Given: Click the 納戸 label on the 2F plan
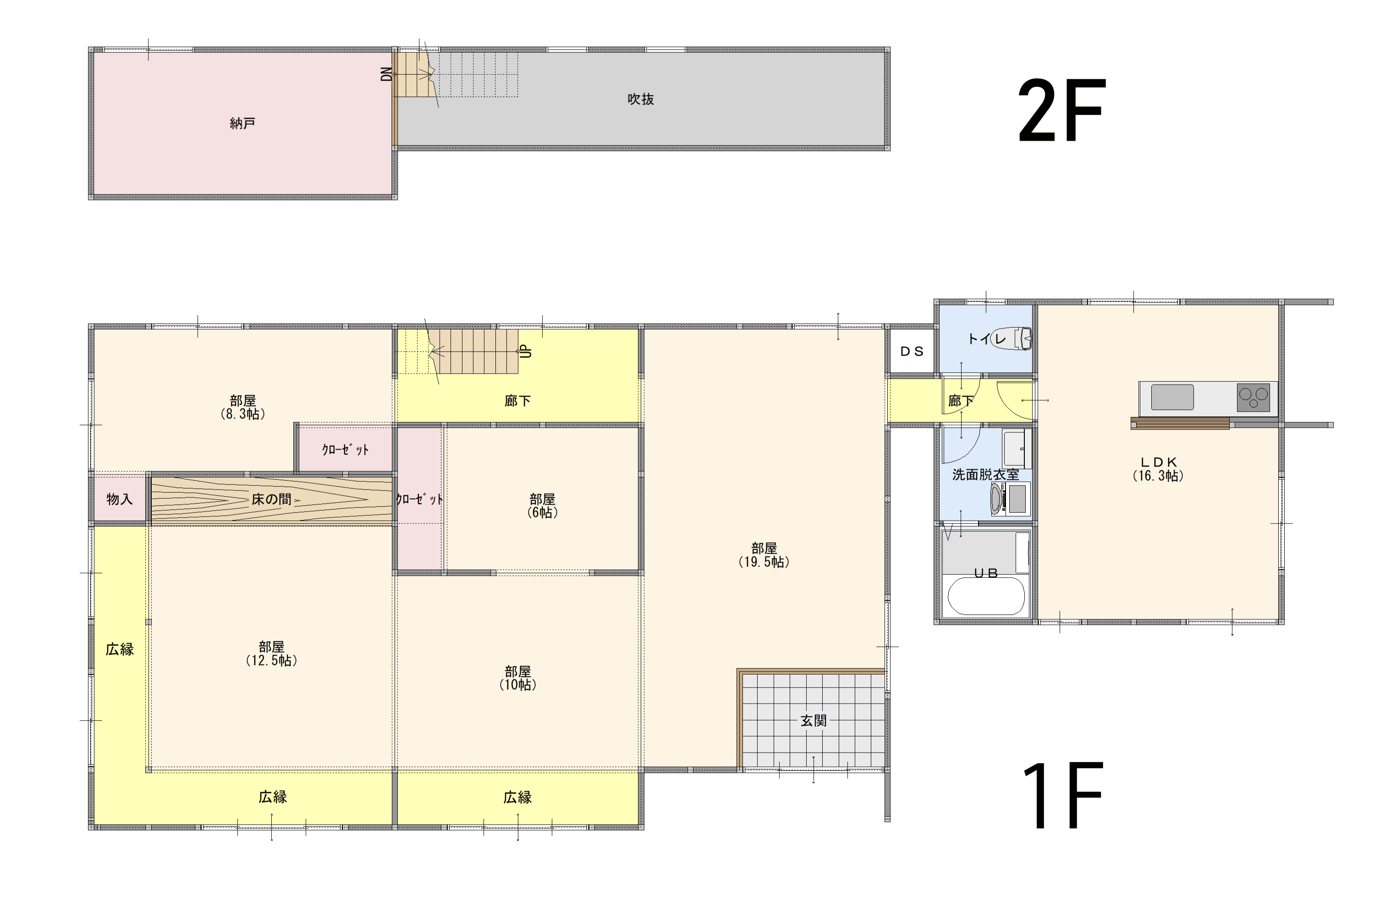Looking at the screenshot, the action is pyautogui.click(x=242, y=123).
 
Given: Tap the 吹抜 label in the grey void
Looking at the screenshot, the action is pyautogui.click(x=641, y=99).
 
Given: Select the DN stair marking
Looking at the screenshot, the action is pyautogui.click(x=386, y=74).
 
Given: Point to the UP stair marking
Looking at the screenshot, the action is pyautogui.click(x=526, y=351).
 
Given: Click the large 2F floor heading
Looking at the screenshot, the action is pyautogui.click(x=1061, y=110).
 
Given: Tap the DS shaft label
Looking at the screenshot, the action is pyautogui.click(x=912, y=351).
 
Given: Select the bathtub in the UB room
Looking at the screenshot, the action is pyautogui.click(x=986, y=596).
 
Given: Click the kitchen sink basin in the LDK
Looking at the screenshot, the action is pyautogui.click(x=1172, y=397).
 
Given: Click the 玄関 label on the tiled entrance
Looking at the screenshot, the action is pyautogui.click(x=814, y=721).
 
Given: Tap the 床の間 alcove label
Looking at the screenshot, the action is pyautogui.click(x=271, y=500).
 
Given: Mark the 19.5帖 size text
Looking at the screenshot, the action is pyautogui.click(x=764, y=562).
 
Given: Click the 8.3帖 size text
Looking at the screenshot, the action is pyautogui.click(x=243, y=414).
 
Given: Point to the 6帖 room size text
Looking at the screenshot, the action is pyautogui.click(x=542, y=512).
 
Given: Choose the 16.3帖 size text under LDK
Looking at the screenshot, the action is pyautogui.click(x=1158, y=476).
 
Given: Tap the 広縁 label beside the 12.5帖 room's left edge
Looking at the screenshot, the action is pyautogui.click(x=120, y=649).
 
